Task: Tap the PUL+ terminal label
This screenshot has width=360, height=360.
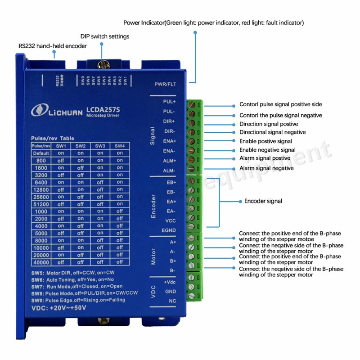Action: click(x=170, y=102)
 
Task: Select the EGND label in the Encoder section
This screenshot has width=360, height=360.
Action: click(x=169, y=230)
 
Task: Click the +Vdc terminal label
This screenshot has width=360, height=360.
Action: click(x=170, y=282)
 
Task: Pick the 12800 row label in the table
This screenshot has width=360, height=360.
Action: click(x=40, y=189)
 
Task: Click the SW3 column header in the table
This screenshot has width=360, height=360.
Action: click(x=100, y=146)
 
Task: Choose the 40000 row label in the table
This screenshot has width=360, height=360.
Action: click(x=40, y=262)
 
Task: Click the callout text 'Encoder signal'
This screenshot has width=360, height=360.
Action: click(x=263, y=201)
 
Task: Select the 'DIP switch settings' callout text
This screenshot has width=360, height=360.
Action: click(x=105, y=36)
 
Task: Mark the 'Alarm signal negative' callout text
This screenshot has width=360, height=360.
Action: click(x=266, y=168)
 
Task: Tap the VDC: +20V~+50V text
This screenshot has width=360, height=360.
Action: click(x=58, y=308)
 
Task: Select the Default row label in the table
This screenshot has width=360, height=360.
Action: click(x=40, y=153)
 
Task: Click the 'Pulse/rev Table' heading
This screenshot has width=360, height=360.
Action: click(x=53, y=138)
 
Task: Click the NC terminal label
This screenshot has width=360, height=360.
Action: click(x=172, y=301)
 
